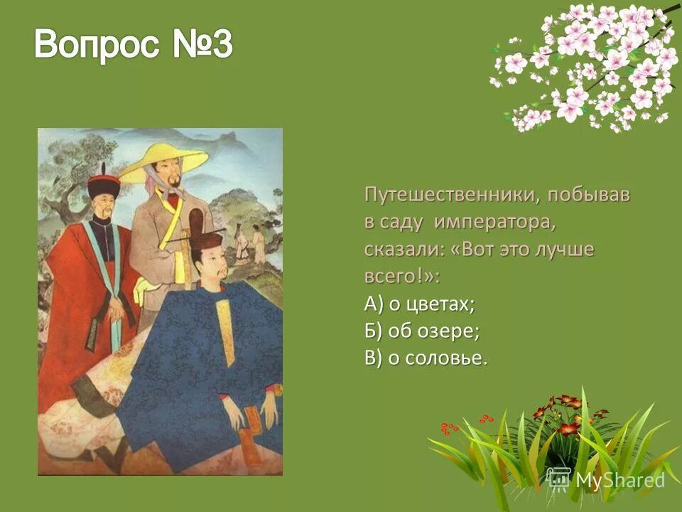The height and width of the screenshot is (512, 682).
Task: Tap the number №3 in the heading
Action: coord(202,46)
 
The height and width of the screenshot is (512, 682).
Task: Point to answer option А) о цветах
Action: coord(420,304)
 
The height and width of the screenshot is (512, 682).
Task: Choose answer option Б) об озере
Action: coord(423,331)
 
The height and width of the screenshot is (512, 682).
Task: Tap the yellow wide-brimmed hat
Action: coord(164,159)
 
